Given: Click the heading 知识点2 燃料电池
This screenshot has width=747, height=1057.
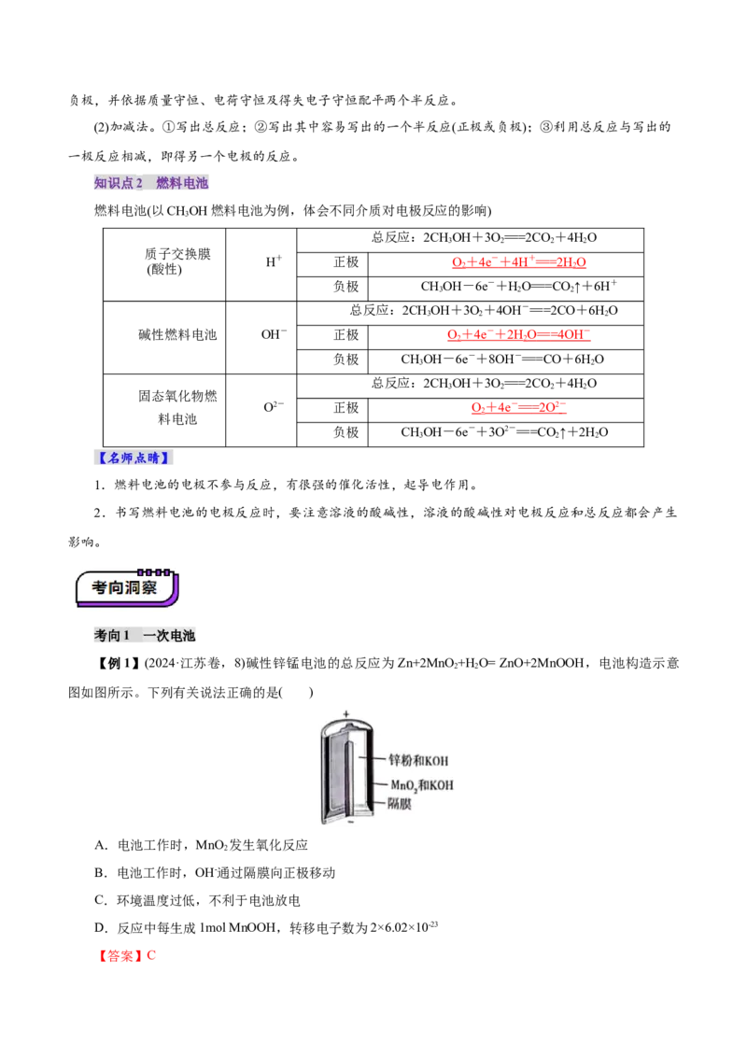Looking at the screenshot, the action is pyautogui.click(x=151, y=183).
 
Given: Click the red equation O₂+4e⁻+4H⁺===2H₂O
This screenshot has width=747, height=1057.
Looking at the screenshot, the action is pyautogui.click(x=519, y=262).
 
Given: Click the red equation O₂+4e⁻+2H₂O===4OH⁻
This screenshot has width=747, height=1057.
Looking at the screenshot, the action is pyautogui.click(x=518, y=334).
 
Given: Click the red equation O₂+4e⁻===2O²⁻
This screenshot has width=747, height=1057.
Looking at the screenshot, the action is pyautogui.click(x=518, y=407).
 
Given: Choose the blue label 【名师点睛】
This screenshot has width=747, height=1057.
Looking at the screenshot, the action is pyautogui.click(x=133, y=458).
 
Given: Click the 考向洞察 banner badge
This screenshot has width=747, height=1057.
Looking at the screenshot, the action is pyautogui.click(x=127, y=588).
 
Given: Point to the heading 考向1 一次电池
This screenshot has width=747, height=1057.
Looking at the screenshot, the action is pyautogui.click(x=145, y=635).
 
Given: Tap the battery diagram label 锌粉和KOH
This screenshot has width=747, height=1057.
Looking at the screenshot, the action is pyautogui.click(x=418, y=760).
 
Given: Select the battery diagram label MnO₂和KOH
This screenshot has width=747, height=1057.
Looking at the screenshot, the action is pyautogui.click(x=422, y=785).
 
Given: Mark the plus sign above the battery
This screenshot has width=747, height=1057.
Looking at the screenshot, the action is pyautogui.click(x=345, y=713).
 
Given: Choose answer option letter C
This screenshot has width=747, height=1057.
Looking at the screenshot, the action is pyautogui.click(x=101, y=900).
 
